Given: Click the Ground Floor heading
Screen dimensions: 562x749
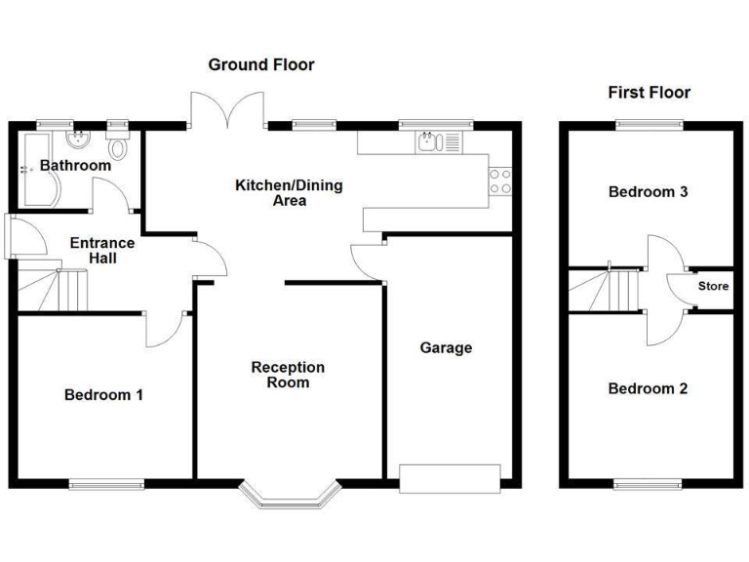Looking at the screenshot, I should [261, 65].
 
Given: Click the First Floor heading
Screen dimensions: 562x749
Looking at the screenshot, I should [649, 93].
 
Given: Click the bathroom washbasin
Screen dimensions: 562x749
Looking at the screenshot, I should [78, 139].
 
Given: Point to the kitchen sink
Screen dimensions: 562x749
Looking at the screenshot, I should [426, 142].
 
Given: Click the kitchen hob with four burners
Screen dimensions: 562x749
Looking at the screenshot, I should [500, 181].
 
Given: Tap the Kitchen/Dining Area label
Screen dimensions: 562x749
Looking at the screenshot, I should [289, 193].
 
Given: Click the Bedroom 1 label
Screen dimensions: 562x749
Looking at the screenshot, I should [103, 395].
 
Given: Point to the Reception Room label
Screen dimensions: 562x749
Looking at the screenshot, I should [288, 375].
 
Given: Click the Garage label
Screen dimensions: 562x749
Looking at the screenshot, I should [446, 347].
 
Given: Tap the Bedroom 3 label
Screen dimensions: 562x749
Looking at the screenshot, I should [648, 192].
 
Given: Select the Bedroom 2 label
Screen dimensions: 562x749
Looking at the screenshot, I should [648, 388].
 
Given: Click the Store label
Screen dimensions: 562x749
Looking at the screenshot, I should [713, 287].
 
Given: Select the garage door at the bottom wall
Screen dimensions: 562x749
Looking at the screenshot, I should [450, 477].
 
